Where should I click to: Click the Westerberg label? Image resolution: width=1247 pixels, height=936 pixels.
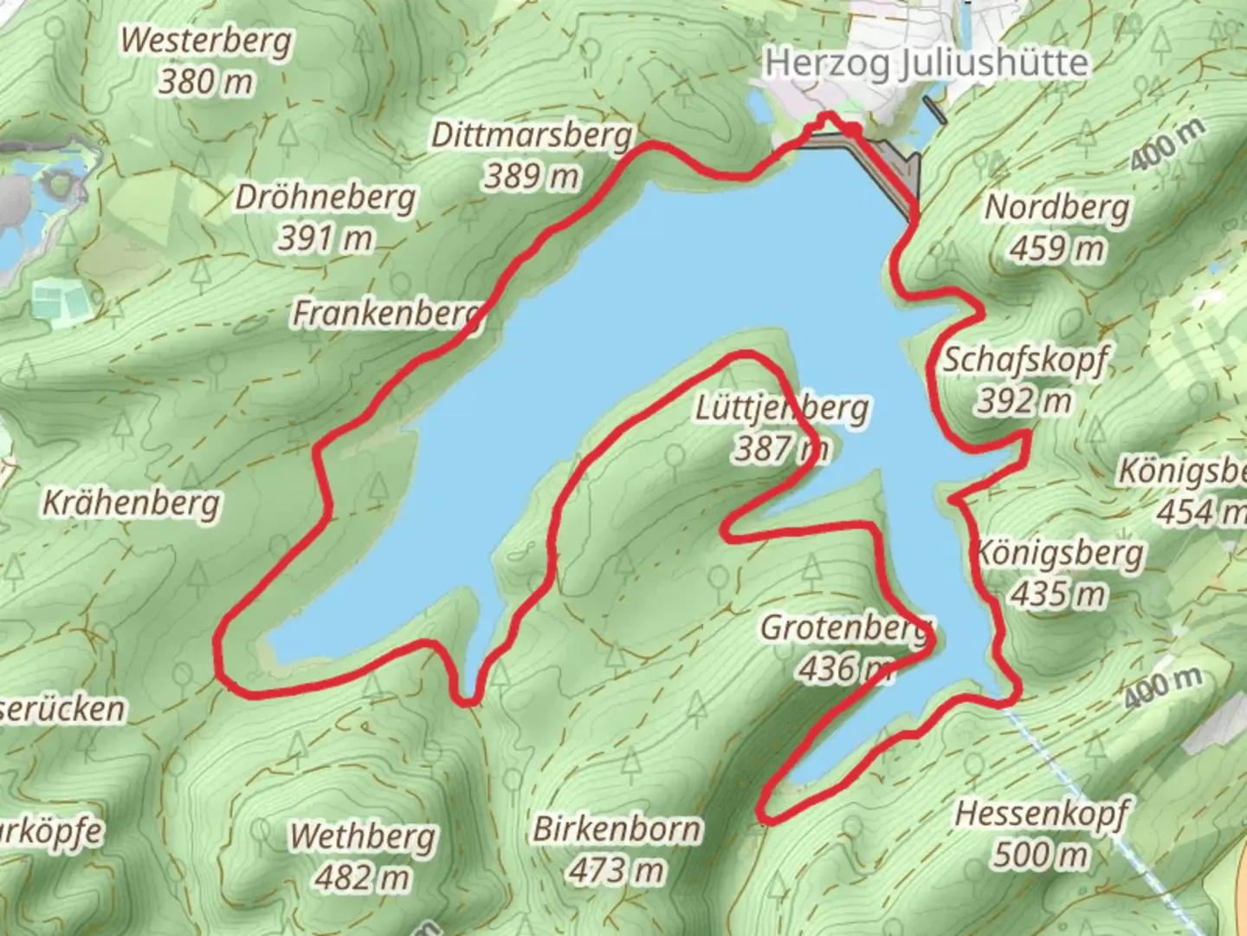coord(206,41)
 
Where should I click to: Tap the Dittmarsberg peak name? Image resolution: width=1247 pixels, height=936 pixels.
coord(532,135)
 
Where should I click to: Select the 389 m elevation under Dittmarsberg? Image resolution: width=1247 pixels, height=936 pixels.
coord(531,176)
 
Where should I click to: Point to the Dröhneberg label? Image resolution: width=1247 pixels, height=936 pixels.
coord(325,198)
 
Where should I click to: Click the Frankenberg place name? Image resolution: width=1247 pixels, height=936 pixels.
coord(386,313)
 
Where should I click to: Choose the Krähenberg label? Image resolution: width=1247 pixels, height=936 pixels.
coord(132,503)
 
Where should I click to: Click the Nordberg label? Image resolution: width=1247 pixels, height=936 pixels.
coord(1057,208)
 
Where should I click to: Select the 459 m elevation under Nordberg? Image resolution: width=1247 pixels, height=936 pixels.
coord(1057,249)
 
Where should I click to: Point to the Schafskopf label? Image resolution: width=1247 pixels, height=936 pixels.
coord(1024,360)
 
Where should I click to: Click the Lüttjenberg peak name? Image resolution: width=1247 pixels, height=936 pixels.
coord(782,408)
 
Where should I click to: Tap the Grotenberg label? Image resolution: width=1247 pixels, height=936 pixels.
coord(847,627)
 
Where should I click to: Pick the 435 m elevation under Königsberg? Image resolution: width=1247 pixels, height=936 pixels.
coord(1058,595)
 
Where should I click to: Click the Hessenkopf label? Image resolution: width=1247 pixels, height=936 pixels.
coord(1042,814)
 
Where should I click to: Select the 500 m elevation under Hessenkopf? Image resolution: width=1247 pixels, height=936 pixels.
coord(1040,855)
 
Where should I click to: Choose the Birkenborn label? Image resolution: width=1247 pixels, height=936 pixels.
coord(617,829)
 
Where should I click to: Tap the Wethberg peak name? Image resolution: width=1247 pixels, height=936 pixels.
coord(362,837)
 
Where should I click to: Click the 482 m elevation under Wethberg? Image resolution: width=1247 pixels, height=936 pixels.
coord(361,878)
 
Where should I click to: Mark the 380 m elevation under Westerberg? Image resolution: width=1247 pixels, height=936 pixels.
coord(206,81)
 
